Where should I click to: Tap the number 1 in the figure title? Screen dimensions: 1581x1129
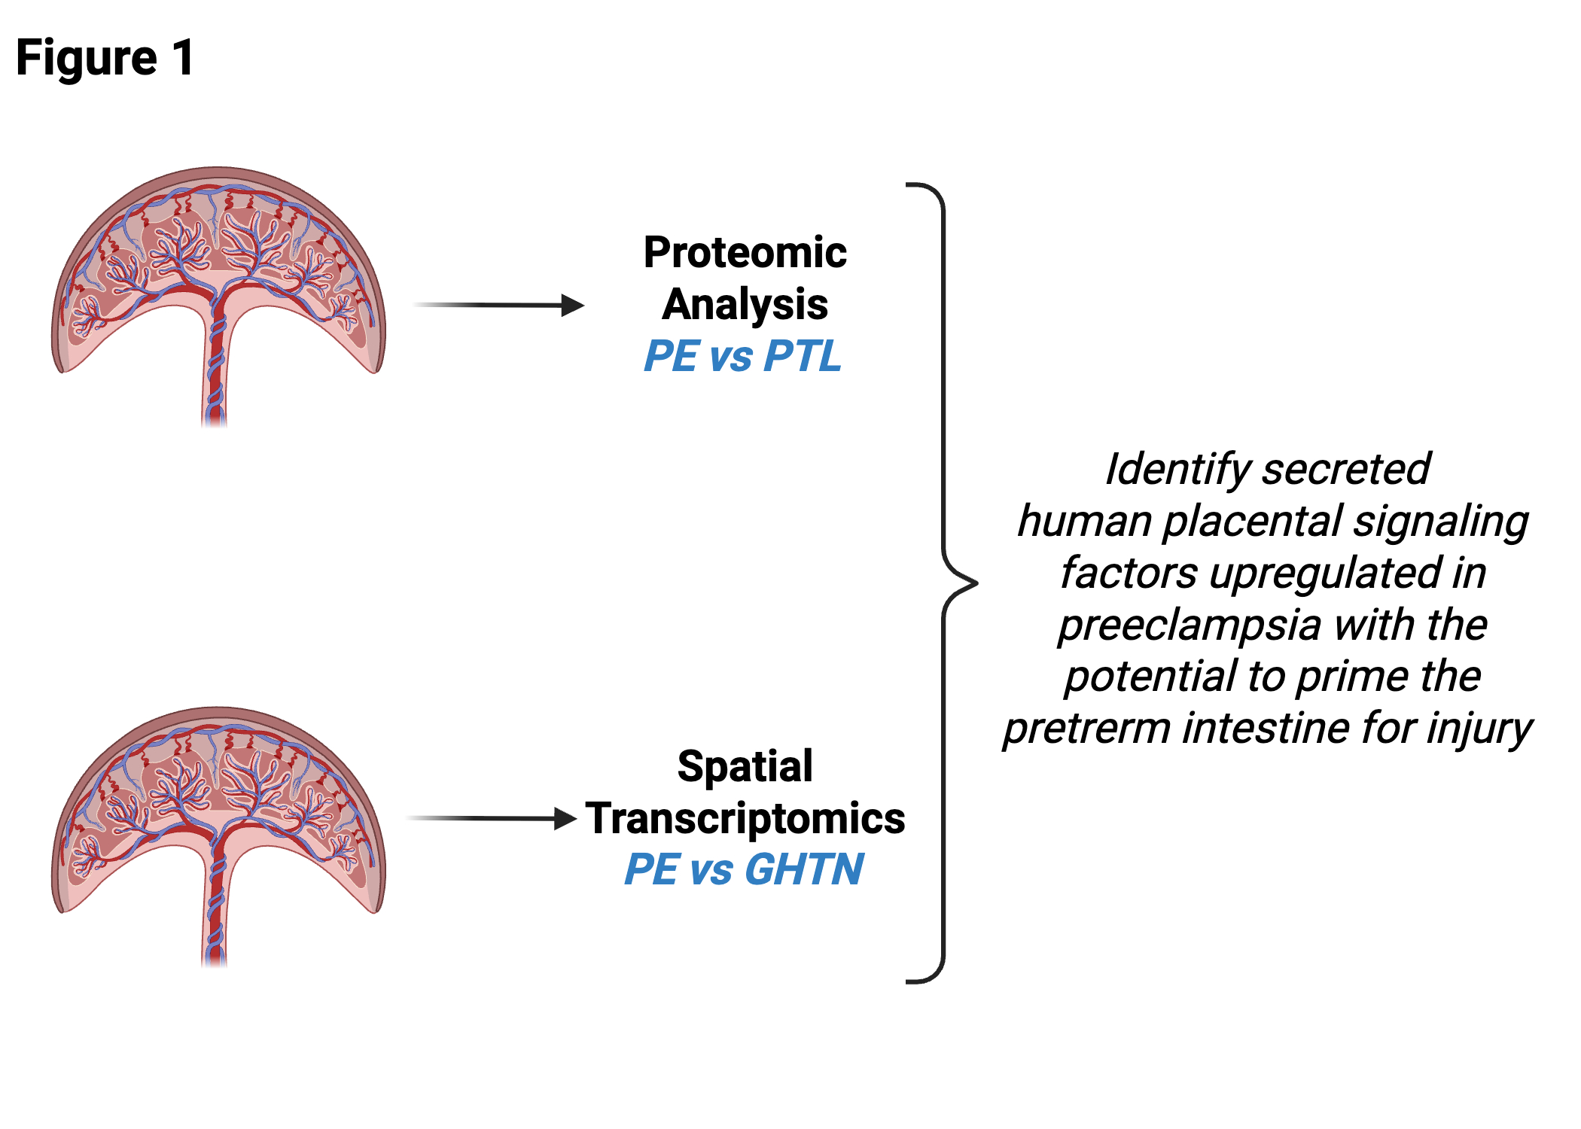click(x=183, y=58)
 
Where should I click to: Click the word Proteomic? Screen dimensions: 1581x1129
click(x=745, y=252)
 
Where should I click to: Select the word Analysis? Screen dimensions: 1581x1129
click(x=745, y=306)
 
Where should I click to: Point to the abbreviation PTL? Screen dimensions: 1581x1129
click(x=802, y=356)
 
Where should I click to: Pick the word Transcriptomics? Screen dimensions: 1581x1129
click(x=745, y=819)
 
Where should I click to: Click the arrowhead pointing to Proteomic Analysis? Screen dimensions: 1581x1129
click(x=573, y=306)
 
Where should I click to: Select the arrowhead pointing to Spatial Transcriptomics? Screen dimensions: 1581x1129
click(x=565, y=819)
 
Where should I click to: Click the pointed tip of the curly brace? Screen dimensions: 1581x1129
click(x=976, y=583)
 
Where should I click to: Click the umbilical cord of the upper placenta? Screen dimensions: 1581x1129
click(x=215, y=361)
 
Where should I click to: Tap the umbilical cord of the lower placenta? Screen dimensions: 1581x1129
click(x=215, y=901)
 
